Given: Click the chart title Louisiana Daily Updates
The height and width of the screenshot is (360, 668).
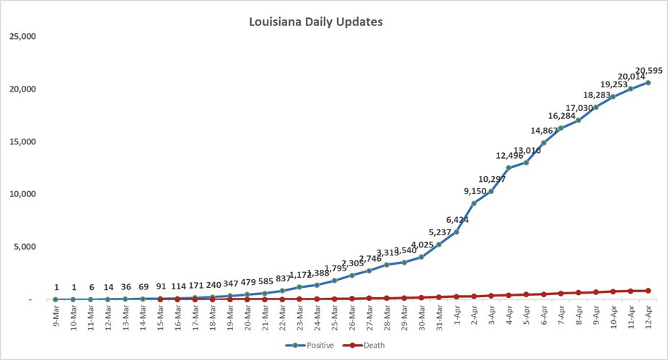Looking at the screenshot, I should [315, 22].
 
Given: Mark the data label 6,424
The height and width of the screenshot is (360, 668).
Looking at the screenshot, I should [457, 219].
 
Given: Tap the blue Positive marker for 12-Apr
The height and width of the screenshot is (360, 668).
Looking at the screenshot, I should [648, 83].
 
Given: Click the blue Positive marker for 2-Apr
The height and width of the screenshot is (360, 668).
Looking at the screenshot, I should [473, 203].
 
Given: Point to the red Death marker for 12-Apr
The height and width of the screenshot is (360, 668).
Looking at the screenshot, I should [648, 291].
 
